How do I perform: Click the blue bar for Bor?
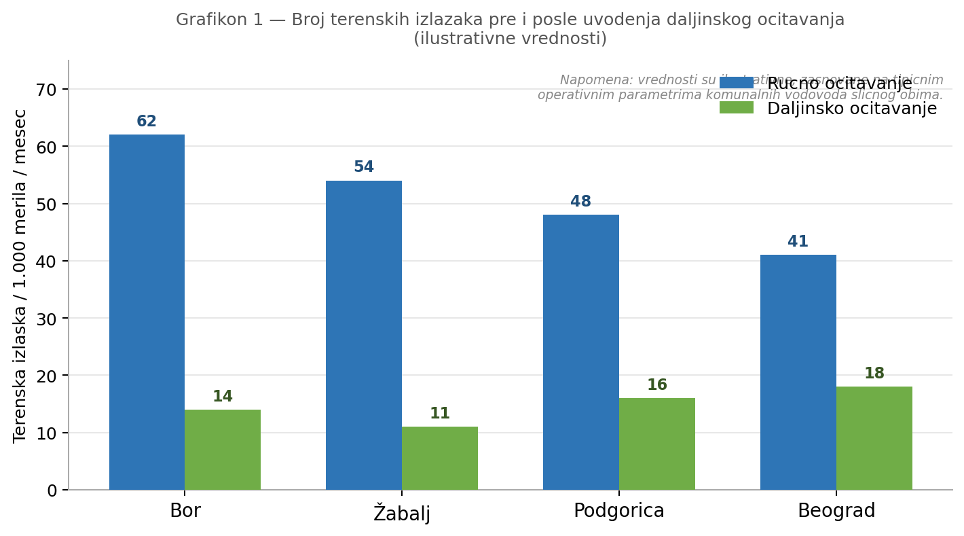pyautogui.click(x=147, y=312)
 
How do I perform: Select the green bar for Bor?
pyautogui.click(x=223, y=449)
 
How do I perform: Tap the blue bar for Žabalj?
pyautogui.click(x=364, y=335)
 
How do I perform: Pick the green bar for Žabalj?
pyautogui.click(x=440, y=458)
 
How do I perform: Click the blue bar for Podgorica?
pyautogui.click(x=581, y=352)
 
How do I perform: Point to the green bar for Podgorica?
pyautogui.click(x=657, y=444)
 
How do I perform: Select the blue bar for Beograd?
pyautogui.click(x=798, y=372)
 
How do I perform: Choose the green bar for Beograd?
pyautogui.click(x=874, y=438)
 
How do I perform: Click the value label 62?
pyautogui.click(x=147, y=122)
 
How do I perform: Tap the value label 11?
pyautogui.click(x=440, y=414)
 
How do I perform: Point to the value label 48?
pyautogui.click(x=581, y=202)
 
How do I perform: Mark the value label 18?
pyautogui.click(x=874, y=374)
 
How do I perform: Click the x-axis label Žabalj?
pyautogui.click(x=402, y=513)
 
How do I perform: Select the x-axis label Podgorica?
pyautogui.click(x=619, y=511)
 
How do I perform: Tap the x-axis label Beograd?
pyautogui.click(x=836, y=511)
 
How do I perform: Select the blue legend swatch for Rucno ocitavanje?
pyautogui.click(x=737, y=83)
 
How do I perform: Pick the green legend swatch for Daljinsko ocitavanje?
pyautogui.click(x=737, y=108)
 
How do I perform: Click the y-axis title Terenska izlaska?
pyautogui.click(x=20, y=275)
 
